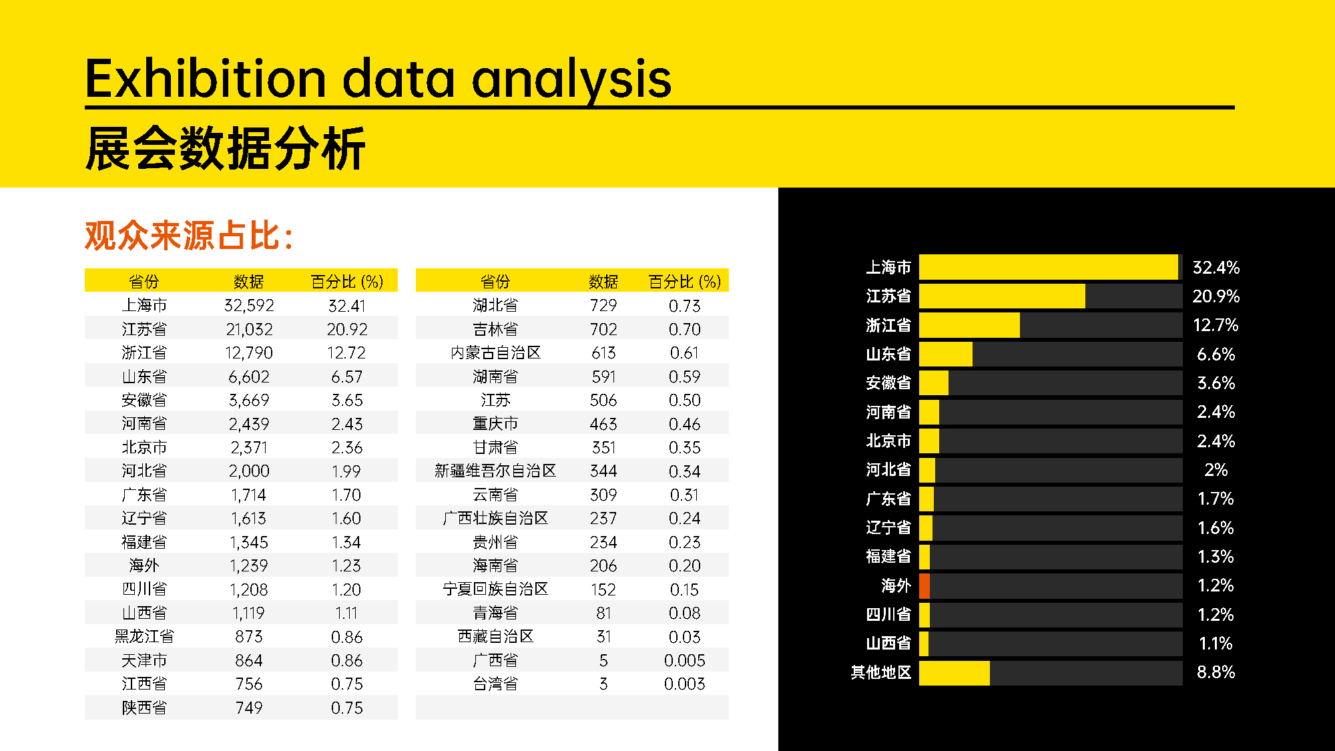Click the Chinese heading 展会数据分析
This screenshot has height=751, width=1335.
[226, 148]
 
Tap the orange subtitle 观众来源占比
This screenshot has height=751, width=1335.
[190, 236]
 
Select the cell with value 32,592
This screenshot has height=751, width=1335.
[249, 306]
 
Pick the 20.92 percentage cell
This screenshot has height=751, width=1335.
[347, 329]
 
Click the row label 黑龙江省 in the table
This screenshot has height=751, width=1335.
[144, 636]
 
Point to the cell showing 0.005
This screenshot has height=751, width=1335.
[685, 660]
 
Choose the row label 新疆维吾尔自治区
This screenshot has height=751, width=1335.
[495, 471]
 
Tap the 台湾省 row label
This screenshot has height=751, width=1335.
[495, 684]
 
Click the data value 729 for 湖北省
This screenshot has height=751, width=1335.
[603, 306]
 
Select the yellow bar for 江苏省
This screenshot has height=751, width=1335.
[1002, 296]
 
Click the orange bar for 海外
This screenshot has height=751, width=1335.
[924, 585]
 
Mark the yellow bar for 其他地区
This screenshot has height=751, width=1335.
[955, 672]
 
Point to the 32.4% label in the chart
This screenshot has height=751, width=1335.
[1216, 268]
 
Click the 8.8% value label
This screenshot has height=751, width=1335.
[1216, 672]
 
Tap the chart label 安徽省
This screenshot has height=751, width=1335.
[888, 383]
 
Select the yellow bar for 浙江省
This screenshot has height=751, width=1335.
[969, 325]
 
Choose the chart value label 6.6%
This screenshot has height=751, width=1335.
[1216, 354]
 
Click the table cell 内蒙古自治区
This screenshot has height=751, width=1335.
[495, 352]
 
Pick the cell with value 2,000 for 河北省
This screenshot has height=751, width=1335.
[249, 471]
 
